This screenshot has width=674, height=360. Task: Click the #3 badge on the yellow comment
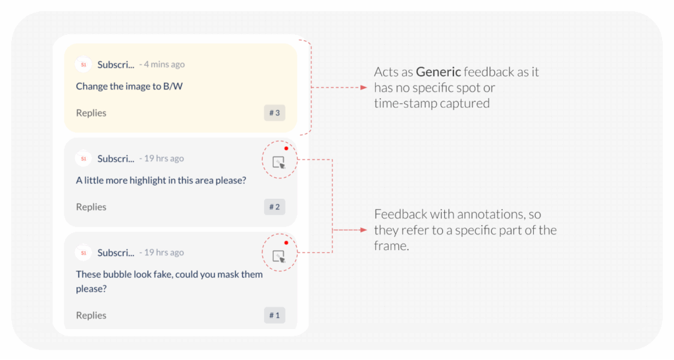pyautogui.click(x=274, y=113)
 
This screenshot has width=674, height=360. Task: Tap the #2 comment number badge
pyautogui.click(x=274, y=207)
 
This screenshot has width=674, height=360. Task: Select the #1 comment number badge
pyautogui.click(x=274, y=316)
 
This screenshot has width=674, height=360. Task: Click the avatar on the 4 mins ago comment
pyautogui.click(x=83, y=64)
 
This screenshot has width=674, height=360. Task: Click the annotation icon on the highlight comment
pyautogui.click(x=279, y=162)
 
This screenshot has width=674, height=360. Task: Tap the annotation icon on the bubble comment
pyautogui.click(x=279, y=256)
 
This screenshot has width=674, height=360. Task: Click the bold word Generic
pyautogui.click(x=438, y=72)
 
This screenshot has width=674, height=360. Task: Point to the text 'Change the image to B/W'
pyautogui.click(x=129, y=86)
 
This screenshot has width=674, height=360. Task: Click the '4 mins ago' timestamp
pyautogui.click(x=164, y=64)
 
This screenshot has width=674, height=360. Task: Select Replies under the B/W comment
pyautogui.click(x=91, y=113)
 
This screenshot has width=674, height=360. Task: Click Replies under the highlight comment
pyautogui.click(x=91, y=207)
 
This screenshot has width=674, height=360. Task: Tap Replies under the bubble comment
pyautogui.click(x=91, y=316)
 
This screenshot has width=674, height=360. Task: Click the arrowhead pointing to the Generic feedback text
pyautogui.click(x=363, y=88)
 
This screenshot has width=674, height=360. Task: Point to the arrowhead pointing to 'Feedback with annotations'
pyautogui.click(x=363, y=230)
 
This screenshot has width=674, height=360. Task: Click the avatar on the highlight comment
pyautogui.click(x=83, y=159)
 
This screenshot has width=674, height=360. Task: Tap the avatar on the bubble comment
pyautogui.click(x=83, y=253)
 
